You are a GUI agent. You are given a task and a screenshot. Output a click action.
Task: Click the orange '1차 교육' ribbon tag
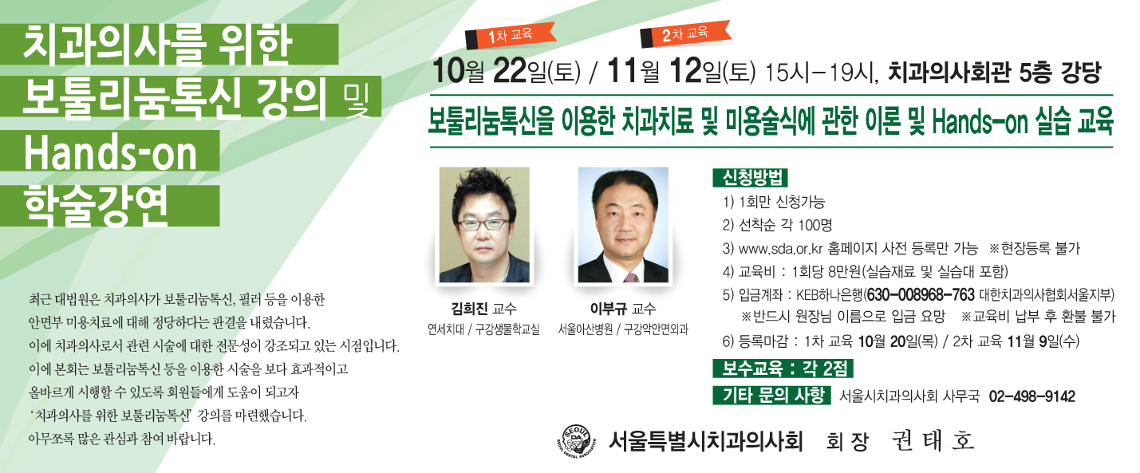[510, 36]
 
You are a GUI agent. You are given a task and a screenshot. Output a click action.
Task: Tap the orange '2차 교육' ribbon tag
[685, 34]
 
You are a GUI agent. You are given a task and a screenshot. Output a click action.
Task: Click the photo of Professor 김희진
[484, 225]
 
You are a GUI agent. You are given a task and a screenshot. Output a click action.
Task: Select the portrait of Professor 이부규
[623, 225]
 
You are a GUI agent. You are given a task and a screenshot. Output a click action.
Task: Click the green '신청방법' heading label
[751, 178]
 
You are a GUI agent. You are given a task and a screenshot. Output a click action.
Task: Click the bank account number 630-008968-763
[920, 295]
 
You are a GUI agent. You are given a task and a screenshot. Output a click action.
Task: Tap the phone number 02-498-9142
[1032, 396]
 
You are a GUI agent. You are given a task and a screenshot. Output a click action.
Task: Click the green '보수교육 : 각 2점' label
[783, 369]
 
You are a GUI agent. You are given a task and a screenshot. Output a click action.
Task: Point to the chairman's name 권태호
[933, 440]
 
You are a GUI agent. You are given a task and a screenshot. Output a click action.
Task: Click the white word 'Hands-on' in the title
[110, 152]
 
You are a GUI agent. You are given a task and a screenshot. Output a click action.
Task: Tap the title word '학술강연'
[96, 206]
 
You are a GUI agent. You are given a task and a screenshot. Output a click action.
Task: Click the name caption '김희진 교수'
[484, 308]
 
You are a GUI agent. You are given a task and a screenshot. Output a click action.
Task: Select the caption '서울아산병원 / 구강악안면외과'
[623, 329]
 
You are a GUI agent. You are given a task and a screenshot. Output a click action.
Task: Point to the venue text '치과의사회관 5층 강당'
[995, 73]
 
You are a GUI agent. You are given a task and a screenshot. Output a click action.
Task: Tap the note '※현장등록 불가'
[1034, 249]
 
